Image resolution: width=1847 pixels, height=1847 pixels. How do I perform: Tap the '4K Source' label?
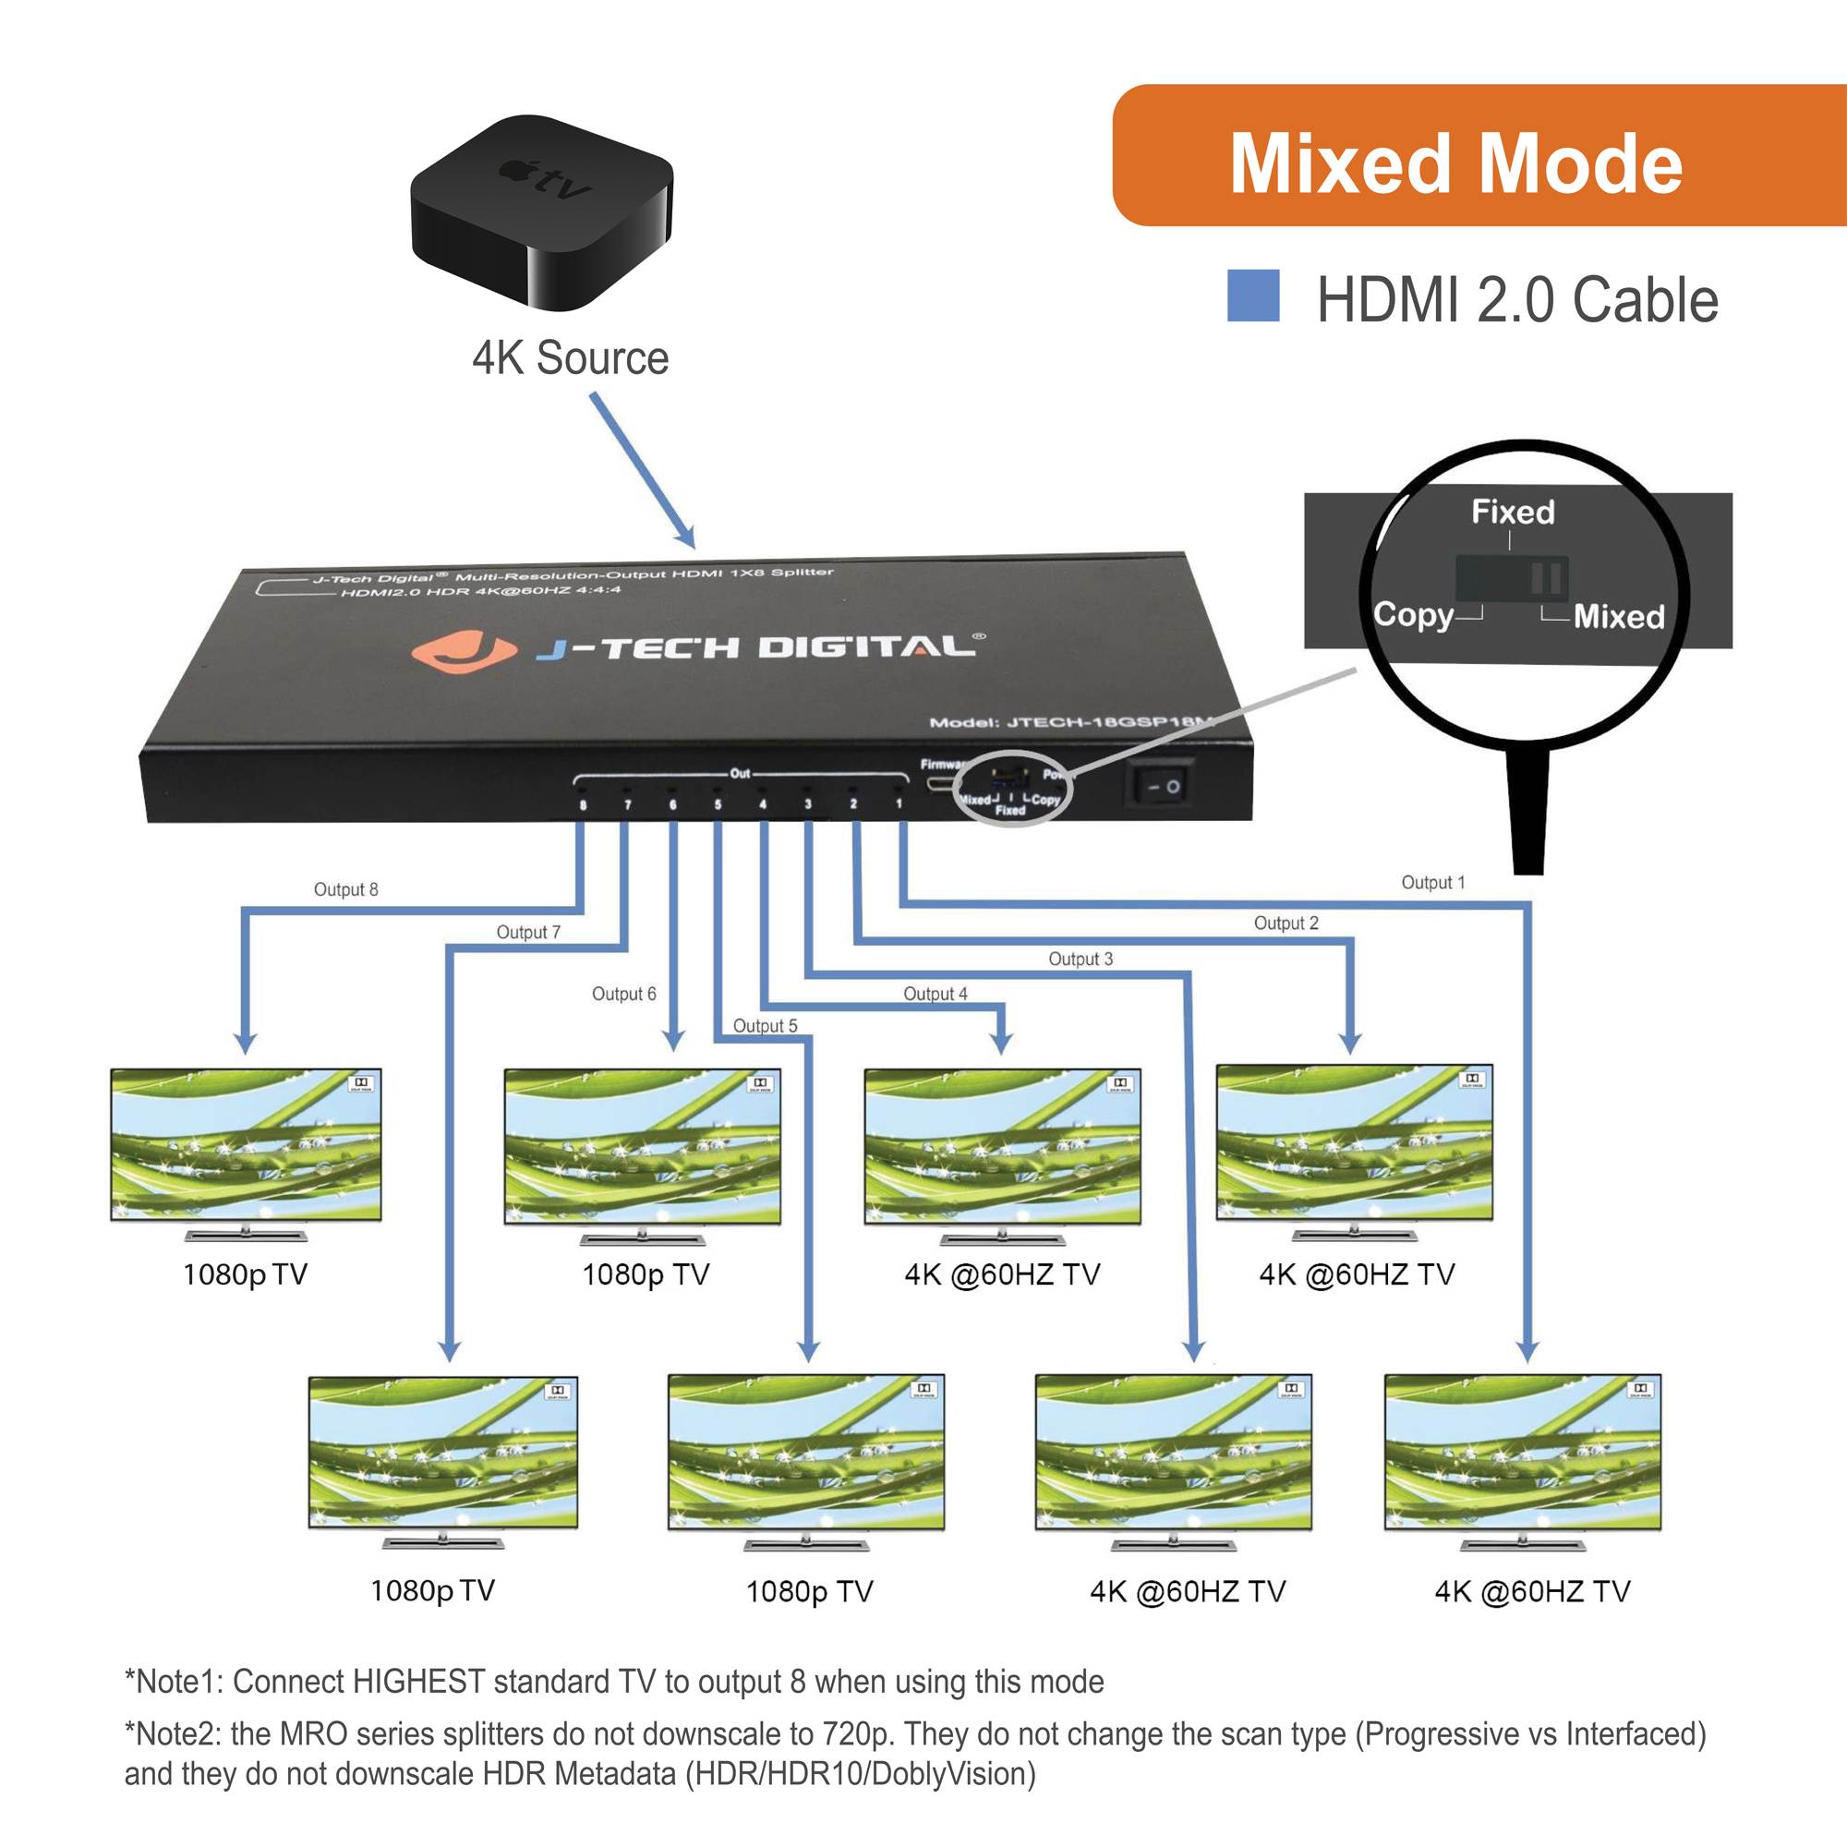click(x=570, y=358)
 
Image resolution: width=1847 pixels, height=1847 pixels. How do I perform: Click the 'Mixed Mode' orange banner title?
click(x=1455, y=164)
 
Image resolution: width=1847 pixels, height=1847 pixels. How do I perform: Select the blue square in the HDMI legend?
click(x=1252, y=296)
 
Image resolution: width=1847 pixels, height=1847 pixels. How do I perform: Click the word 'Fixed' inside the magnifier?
click(x=1513, y=513)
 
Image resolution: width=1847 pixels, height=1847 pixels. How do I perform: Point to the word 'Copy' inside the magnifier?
click(x=1412, y=615)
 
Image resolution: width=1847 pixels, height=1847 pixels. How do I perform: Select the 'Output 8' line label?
click(x=345, y=890)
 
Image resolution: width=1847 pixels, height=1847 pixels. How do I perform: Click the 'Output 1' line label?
click(x=1432, y=882)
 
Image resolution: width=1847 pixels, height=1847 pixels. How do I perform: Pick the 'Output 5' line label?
click(x=764, y=1026)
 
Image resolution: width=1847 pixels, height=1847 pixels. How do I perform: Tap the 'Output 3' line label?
click(x=1080, y=959)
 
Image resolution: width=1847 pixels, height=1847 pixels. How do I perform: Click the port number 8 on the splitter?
click(x=583, y=805)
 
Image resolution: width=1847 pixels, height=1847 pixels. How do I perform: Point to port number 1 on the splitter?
click(x=899, y=804)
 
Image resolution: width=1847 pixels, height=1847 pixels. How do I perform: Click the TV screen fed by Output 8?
click(x=246, y=1144)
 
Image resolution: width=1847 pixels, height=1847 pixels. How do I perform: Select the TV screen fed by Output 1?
click(x=1522, y=1452)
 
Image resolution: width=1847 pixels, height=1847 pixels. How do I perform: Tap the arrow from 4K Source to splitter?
click(x=642, y=469)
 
